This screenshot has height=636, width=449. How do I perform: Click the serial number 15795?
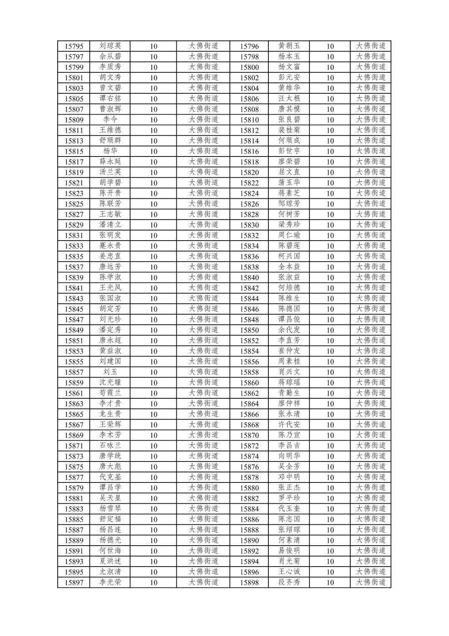[74, 46]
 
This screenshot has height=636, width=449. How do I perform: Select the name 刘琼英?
[110, 46]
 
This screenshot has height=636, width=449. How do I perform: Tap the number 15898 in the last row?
[249, 583]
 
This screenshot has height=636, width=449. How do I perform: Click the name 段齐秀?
[289, 582]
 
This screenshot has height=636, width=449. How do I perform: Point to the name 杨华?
[110, 151]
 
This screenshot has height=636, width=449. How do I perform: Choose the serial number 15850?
[249, 330]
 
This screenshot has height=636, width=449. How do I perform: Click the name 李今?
[110, 120]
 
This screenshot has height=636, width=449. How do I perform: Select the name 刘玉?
[110, 372]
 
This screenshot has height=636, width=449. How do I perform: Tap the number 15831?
[74, 236]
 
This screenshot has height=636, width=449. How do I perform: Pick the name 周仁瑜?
[289, 235]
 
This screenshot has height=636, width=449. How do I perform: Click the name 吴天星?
[110, 498]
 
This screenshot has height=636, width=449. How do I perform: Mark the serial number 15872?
[249, 446]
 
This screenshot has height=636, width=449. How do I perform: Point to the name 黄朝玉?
[289, 46]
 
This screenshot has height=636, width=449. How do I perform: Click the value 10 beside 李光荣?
[153, 583]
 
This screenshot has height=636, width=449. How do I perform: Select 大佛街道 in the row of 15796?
[370, 46]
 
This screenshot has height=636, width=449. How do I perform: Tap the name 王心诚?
[289, 572]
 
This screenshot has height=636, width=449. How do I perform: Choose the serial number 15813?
[74, 141]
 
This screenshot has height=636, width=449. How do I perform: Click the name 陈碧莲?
[289, 246]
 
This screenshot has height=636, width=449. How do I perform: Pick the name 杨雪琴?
[110, 509]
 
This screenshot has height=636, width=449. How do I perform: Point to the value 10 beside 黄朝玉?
[330, 46]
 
